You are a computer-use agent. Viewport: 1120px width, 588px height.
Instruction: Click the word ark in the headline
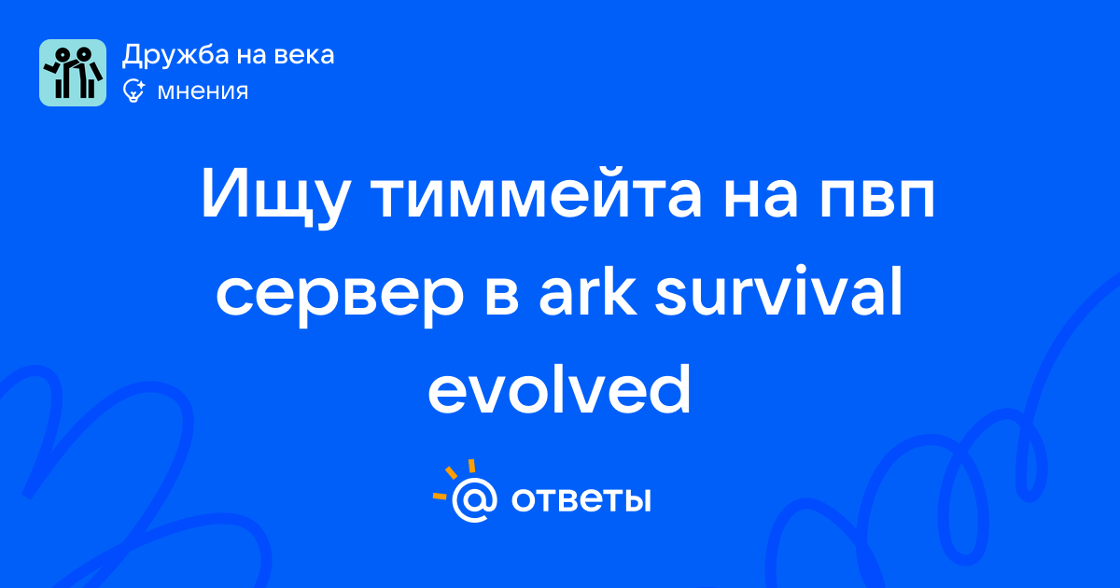(x=587, y=291)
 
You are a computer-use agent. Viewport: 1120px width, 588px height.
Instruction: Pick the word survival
(x=778, y=291)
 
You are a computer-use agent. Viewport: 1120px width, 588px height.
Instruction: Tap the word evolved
(x=559, y=388)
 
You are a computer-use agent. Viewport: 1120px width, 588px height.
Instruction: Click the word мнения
(x=203, y=91)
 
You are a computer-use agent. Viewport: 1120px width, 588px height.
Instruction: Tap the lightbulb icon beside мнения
(x=133, y=91)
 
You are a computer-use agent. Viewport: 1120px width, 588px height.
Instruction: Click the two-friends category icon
(x=73, y=73)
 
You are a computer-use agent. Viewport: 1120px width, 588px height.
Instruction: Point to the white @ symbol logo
(x=474, y=499)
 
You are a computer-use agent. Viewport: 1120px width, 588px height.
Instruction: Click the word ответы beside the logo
(x=581, y=500)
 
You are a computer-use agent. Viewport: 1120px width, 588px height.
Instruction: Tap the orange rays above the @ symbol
(x=455, y=478)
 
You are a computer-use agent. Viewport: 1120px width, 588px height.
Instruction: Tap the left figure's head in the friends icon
(x=62, y=53)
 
